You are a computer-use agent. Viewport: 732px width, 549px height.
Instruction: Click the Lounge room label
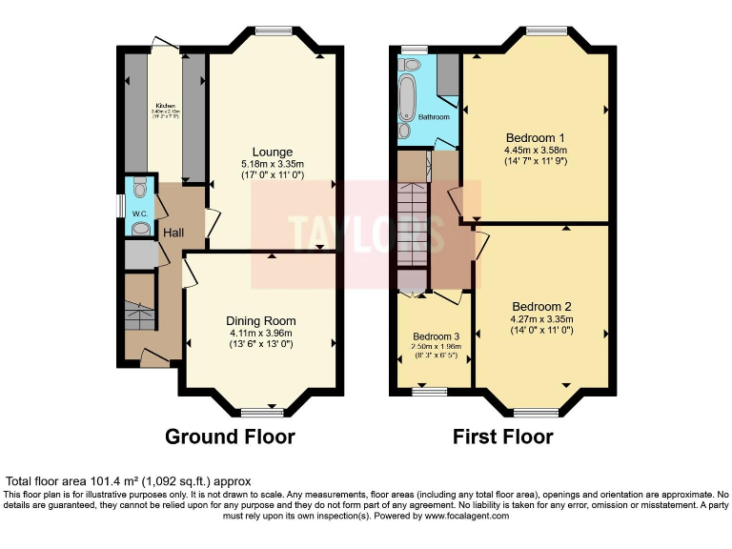coord(272,152)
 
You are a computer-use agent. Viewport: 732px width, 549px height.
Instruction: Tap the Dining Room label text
coord(260,320)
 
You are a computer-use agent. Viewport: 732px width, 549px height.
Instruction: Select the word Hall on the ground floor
coord(173,233)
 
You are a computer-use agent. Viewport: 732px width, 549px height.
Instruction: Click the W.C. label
coord(139,213)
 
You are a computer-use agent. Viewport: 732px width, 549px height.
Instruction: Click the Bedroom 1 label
coord(535,137)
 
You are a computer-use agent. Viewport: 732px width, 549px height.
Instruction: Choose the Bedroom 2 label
coord(540,306)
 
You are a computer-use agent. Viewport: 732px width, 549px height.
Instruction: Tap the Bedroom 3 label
coord(436,336)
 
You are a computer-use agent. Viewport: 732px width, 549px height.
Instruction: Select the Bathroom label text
coord(433,116)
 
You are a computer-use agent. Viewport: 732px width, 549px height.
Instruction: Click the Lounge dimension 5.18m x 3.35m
coord(272,164)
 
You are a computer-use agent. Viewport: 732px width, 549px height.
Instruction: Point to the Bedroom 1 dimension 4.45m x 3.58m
coord(535,150)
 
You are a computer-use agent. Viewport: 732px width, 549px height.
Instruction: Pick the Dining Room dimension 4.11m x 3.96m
coord(260,333)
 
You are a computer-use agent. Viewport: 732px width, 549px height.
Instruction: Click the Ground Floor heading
coord(230,437)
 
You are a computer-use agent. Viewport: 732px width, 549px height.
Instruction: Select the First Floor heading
coord(503,437)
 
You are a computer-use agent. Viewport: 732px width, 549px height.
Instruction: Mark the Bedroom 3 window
coord(430,391)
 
